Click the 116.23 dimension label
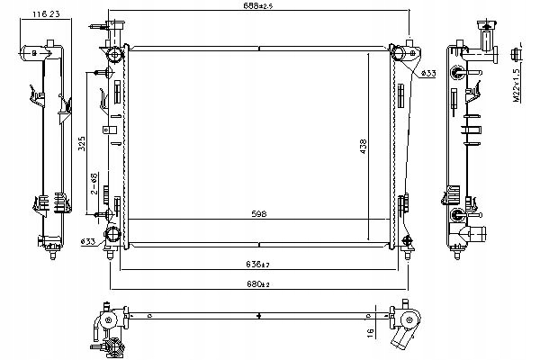click(x=44, y=15)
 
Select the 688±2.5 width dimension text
click(x=258, y=8)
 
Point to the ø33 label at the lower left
click(x=88, y=241)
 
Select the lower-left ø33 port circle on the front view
click(x=112, y=235)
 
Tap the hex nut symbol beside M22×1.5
click(x=516, y=51)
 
